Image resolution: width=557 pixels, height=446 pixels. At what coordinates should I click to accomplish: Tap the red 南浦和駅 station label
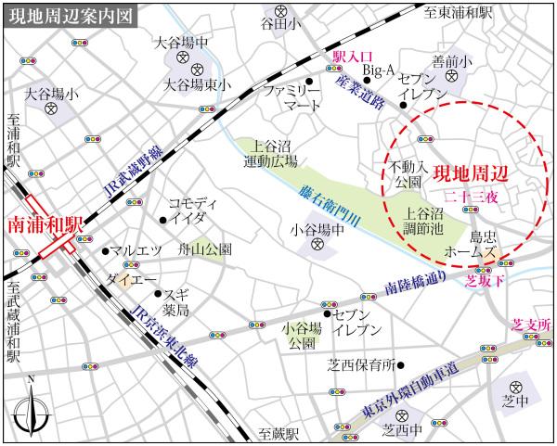coord(45,225)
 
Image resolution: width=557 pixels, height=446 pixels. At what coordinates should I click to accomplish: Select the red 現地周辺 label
coord(471,173)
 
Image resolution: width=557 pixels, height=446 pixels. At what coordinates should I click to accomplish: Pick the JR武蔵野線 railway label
coord(134,173)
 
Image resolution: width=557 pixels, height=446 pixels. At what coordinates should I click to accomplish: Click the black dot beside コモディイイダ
coord(163,220)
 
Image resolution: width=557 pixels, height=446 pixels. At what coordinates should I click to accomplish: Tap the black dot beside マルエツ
coord(104,250)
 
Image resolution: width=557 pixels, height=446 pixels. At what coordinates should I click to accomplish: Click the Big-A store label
coord(378,70)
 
